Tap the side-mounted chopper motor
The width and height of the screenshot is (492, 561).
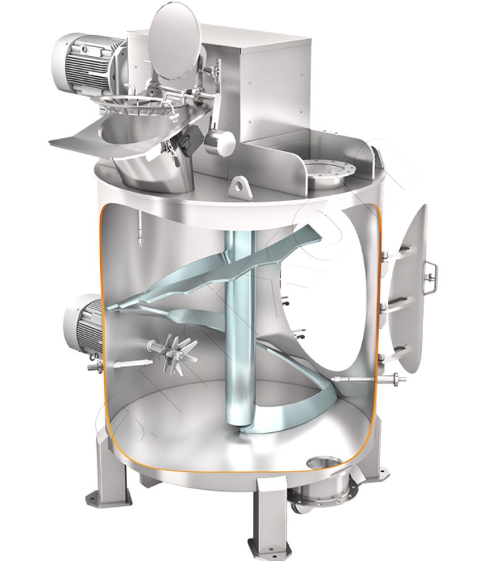click(x=85, y=324)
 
